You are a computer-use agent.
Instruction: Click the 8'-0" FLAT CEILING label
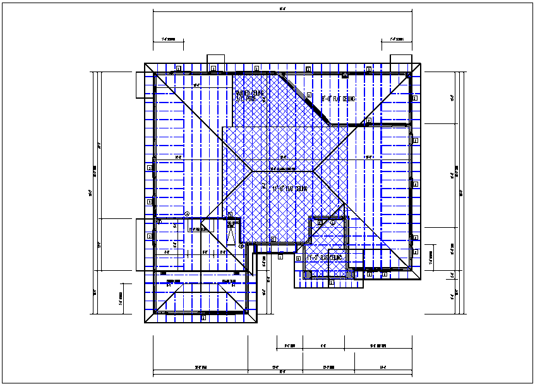point(339,99)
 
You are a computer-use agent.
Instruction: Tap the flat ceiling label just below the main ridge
point(289,189)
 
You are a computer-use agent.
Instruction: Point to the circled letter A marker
point(187,213)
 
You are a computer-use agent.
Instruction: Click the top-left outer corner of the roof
point(145,63)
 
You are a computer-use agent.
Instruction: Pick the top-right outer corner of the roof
point(421,63)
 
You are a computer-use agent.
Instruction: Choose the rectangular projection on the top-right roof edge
point(400,59)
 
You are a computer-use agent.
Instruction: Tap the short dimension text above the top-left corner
point(168,39)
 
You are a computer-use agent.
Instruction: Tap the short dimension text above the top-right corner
point(396,39)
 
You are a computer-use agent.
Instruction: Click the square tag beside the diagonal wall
point(310,95)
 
